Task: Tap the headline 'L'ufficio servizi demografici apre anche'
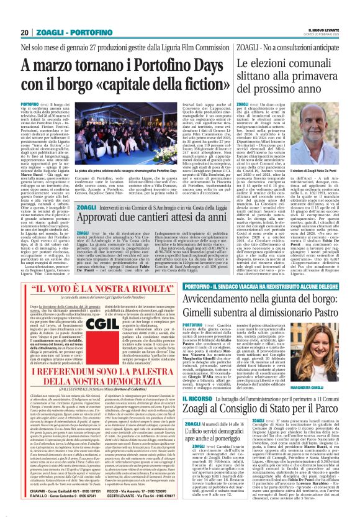[218, 433]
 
